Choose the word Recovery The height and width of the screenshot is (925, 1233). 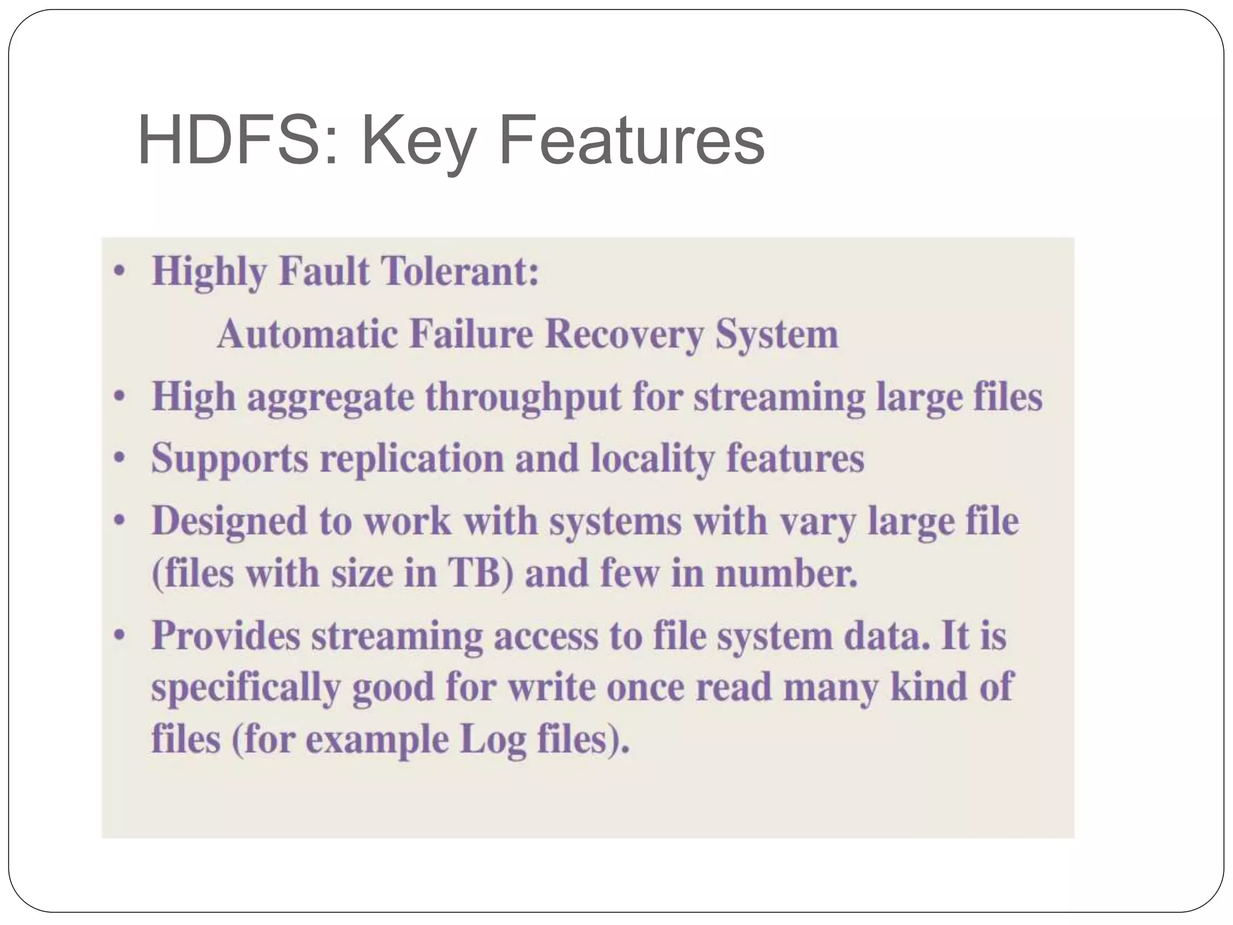(x=624, y=335)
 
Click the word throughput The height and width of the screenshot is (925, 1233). (x=523, y=398)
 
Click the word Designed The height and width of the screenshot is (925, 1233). (x=229, y=522)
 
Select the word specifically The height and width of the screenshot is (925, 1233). (x=246, y=687)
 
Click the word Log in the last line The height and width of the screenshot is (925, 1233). (x=492, y=740)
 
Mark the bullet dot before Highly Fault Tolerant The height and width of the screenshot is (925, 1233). (x=120, y=271)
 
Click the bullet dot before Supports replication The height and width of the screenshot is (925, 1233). (x=120, y=458)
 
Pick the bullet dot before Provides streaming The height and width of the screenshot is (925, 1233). (x=120, y=635)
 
